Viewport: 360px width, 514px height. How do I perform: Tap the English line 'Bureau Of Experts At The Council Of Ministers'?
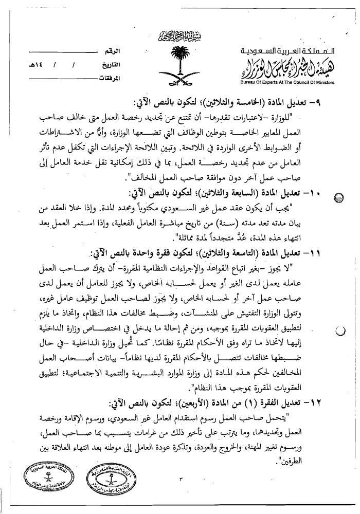(288, 82)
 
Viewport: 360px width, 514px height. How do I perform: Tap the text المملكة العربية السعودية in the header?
(288, 53)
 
